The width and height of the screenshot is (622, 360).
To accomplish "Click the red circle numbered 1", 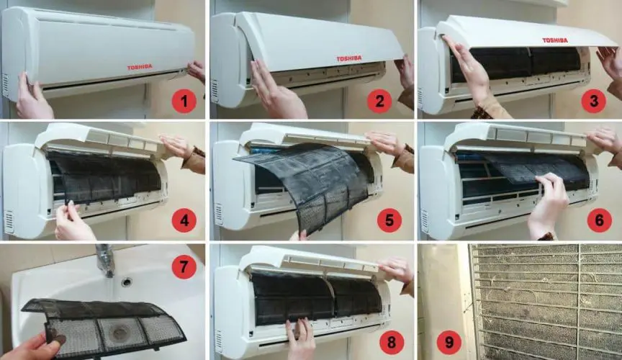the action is click(x=184, y=102).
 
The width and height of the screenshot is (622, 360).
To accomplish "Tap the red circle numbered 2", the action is click(x=379, y=102).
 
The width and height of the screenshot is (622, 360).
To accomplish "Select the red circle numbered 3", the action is click(x=593, y=101).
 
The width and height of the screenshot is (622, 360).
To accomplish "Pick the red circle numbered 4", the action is click(x=184, y=220).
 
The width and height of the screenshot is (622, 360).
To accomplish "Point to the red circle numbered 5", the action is click(x=389, y=220).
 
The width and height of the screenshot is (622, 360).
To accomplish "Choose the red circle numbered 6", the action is click(x=599, y=220).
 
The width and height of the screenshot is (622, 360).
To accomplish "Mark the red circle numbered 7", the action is click(x=184, y=266).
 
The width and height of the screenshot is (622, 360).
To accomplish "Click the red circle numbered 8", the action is click(x=392, y=342).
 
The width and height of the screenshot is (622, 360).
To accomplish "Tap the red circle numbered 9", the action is click(x=449, y=342).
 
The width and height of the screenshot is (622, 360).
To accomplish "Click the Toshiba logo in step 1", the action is click(x=140, y=68).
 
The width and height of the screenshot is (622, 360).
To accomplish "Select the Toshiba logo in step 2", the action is click(x=349, y=58).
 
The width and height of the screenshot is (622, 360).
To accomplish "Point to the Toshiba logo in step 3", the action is click(x=555, y=40).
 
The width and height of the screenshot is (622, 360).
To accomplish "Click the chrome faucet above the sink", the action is click(x=105, y=260).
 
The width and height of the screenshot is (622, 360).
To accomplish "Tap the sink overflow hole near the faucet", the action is click(x=127, y=282).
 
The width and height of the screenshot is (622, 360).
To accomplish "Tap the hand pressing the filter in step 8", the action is click(x=300, y=339).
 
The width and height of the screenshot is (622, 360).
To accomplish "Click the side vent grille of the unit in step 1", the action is click(x=5, y=86).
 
